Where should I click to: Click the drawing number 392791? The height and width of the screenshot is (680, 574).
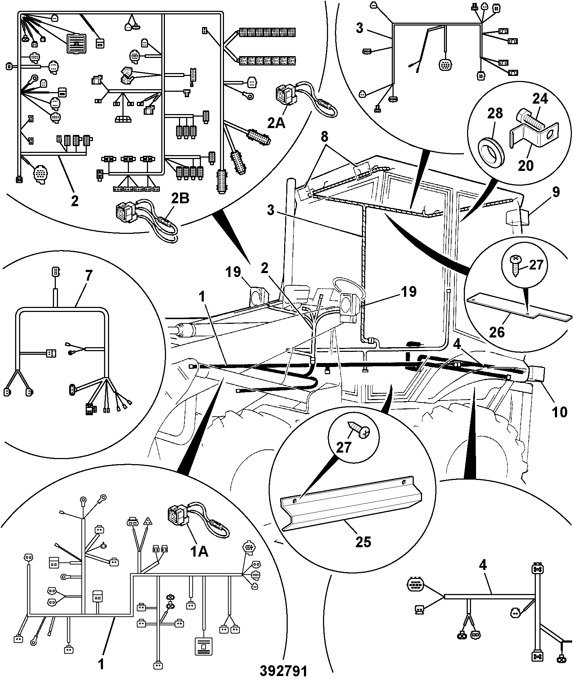[284, 670]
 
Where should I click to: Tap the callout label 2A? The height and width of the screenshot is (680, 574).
[276, 123]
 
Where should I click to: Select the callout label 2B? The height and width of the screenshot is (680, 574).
[180, 198]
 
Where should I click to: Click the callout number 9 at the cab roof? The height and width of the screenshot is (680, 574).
[556, 192]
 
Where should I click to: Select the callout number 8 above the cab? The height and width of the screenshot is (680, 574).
[325, 137]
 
